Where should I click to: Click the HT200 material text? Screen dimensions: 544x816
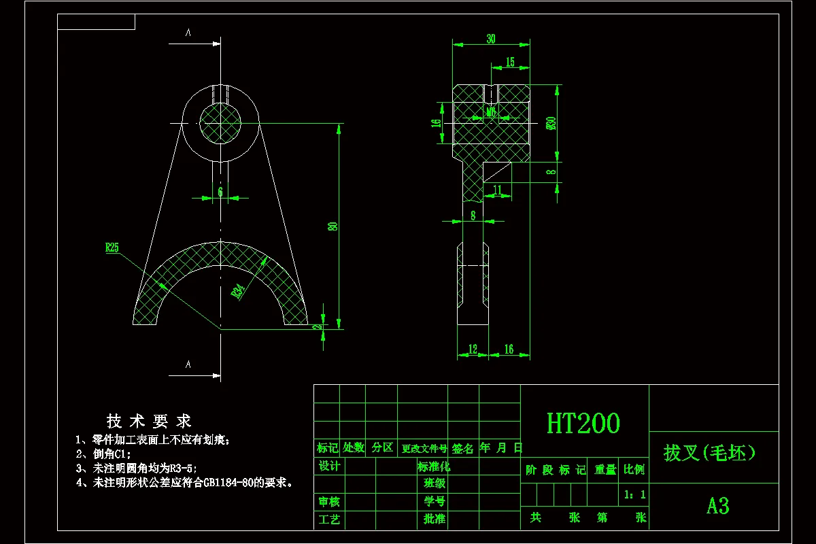click(583, 424)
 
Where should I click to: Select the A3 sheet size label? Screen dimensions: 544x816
click(717, 506)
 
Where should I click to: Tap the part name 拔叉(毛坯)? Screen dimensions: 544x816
click(710, 452)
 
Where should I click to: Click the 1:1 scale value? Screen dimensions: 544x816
click(634, 495)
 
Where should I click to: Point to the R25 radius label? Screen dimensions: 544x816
click(112, 248)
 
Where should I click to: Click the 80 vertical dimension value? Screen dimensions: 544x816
click(333, 226)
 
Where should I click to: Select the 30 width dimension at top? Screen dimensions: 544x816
click(490, 39)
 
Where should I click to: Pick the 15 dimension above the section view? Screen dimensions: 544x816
click(509, 63)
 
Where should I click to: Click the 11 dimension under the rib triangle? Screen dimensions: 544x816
click(497, 189)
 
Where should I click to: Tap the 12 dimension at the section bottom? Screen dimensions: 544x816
click(473, 350)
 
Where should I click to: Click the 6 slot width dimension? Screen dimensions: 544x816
click(220, 192)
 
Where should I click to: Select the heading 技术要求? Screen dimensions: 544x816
click(149, 421)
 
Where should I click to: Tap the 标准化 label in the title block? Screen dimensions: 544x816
click(434, 466)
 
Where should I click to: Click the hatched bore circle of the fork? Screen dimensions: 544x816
click(220, 124)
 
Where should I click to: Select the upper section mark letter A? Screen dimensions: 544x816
click(188, 32)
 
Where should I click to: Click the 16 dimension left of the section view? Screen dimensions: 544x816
click(437, 123)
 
